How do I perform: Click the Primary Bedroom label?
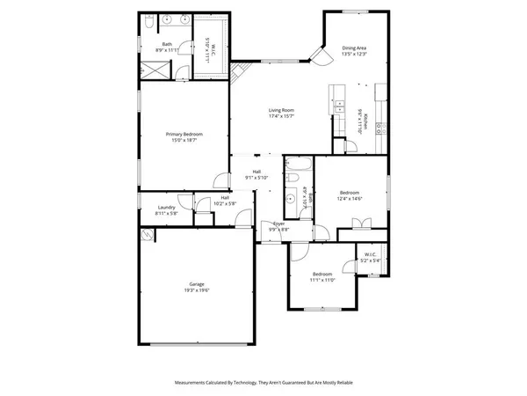tap(184, 134)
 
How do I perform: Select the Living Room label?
tap(281, 110)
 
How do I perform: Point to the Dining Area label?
tap(354, 48)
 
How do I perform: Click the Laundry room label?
tap(166, 208)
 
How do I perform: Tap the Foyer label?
tap(278, 224)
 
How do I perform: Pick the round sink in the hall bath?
tap(291, 180)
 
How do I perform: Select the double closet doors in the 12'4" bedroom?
tap(356, 223)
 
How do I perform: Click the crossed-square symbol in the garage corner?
tap(148, 235)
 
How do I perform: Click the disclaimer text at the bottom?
tap(263, 383)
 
